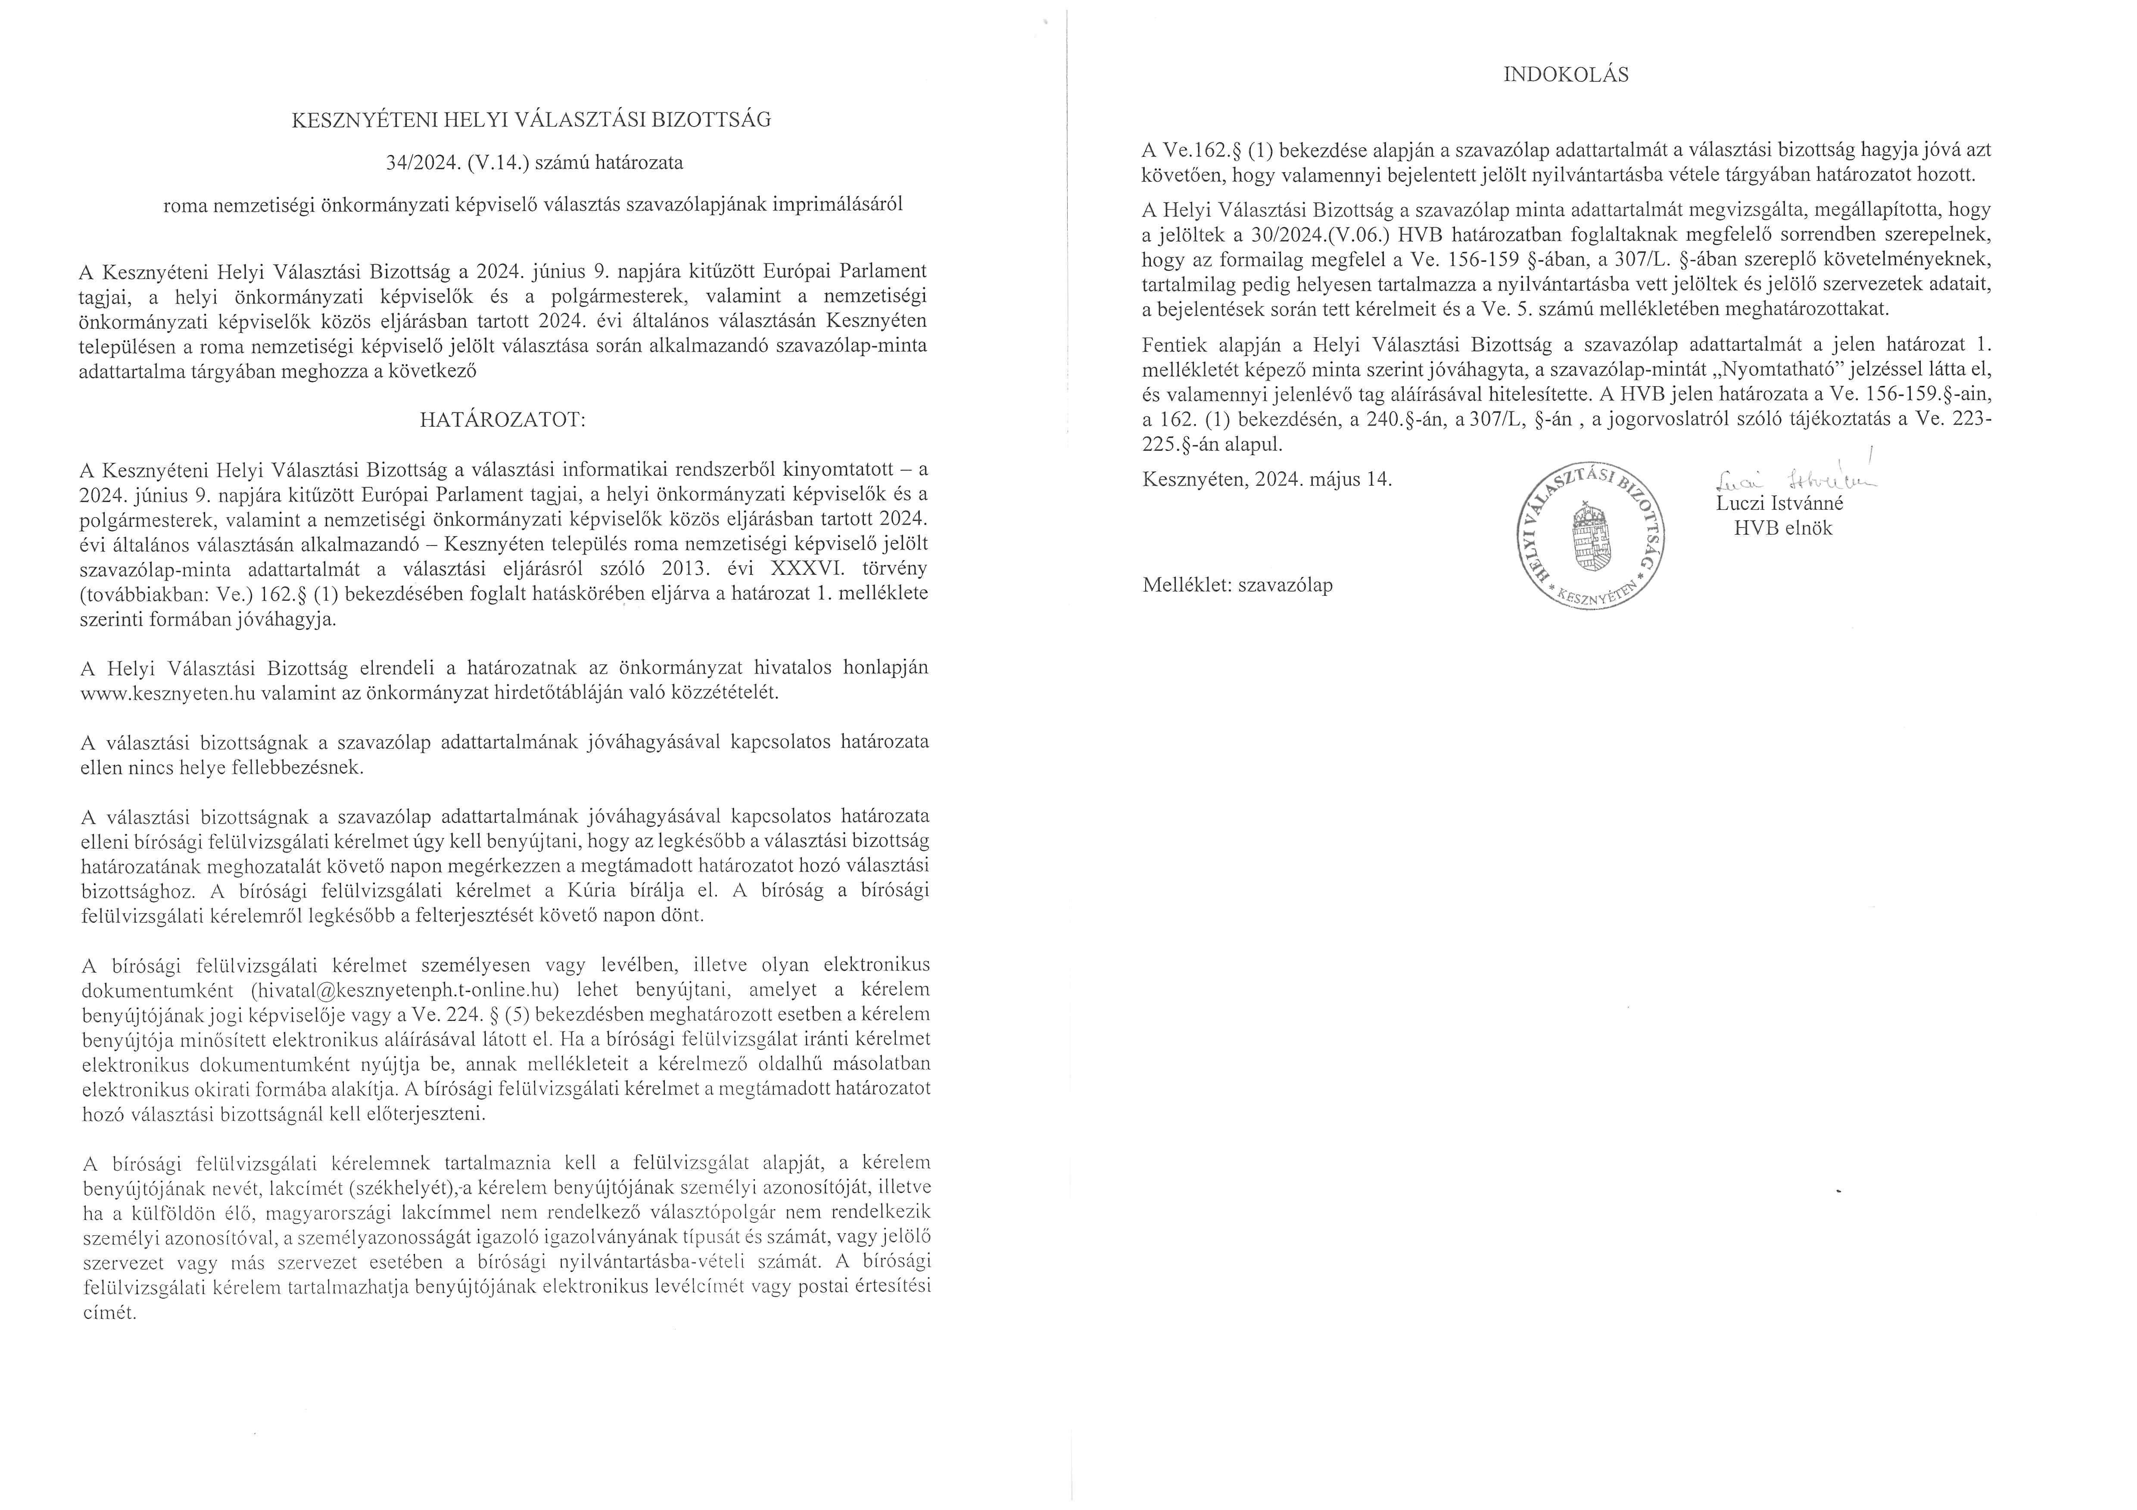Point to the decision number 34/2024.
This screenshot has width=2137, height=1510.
tap(419, 163)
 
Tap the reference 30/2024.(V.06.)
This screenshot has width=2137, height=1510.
tap(1320, 236)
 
